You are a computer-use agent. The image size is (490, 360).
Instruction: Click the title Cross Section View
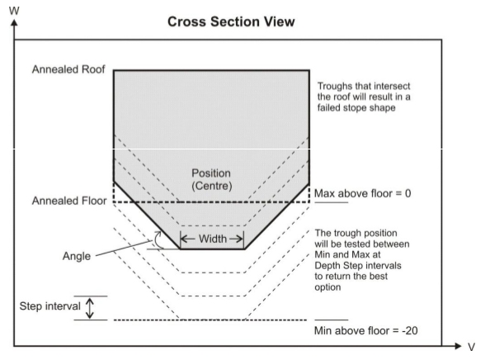(x=231, y=22)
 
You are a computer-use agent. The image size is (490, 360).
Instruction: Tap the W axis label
(x=14, y=11)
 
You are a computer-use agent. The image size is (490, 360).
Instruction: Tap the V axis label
(x=471, y=347)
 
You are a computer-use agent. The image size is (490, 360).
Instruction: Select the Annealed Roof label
(x=68, y=69)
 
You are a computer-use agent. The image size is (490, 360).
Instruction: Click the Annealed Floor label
(x=69, y=201)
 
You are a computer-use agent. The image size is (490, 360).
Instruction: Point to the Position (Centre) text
(x=211, y=179)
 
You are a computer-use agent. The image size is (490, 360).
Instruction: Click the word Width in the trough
(x=213, y=239)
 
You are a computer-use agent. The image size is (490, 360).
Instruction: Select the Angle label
(x=77, y=256)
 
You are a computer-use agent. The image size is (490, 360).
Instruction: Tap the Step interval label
(x=50, y=306)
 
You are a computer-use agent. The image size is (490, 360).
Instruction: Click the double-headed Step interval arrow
(x=90, y=308)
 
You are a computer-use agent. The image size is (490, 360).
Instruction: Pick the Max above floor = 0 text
(x=362, y=193)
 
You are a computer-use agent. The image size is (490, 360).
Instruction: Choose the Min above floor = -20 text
(x=366, y=330)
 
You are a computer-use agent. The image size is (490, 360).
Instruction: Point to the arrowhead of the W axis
(x=14, y=22)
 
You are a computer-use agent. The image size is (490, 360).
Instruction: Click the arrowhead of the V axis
(x=459, y=346)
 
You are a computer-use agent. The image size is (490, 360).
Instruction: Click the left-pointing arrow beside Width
(x=188, y=239)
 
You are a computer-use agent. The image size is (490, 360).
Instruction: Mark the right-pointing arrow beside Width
(x=236, y=239)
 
